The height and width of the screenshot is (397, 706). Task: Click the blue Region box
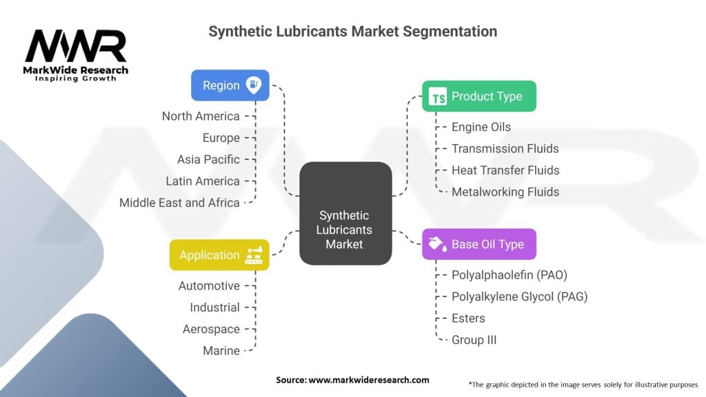pyautogui.click(x=230, y=85)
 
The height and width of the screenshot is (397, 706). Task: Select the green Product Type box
pyautogui.click(x=478, y=96)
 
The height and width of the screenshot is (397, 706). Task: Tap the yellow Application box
pyautogui.click(x=219, y=255)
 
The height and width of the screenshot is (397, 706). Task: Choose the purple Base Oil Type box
pyautogui.click(x=478, y=244)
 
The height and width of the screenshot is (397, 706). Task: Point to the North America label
pyautogui.click(x=201, y=116)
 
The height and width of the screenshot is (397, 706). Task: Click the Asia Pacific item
pyautogui.click(x=208, y=159)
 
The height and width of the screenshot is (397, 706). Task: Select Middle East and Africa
pyautogui.click(x=179, y=203)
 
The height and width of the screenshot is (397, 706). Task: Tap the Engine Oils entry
pyautogui.click(x=481, y=127)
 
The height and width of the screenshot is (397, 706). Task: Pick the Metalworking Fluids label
pyautogui.click(x=505, y=192)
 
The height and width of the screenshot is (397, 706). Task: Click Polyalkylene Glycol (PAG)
pyautogui.click(x=519, y=296)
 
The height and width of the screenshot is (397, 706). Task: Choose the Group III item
pyautogui.click(x=474, y=340)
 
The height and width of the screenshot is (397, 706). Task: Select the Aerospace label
pyautogui.click(x=211, y=329)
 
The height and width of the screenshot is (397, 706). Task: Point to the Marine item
pyautogui.click(x=221, y=351)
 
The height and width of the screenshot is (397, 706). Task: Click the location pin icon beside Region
pyautogui.click(x=254, y=85)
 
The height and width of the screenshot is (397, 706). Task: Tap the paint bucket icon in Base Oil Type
pyautogui.click(x=436, y=244)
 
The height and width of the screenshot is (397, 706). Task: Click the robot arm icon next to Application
pyautogui.click(x=254, y=255)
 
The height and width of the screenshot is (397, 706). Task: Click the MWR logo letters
pyautogui.click(x=76, y=46)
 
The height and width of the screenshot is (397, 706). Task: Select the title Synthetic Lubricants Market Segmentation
pyautogui.click(x=352, y=32)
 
